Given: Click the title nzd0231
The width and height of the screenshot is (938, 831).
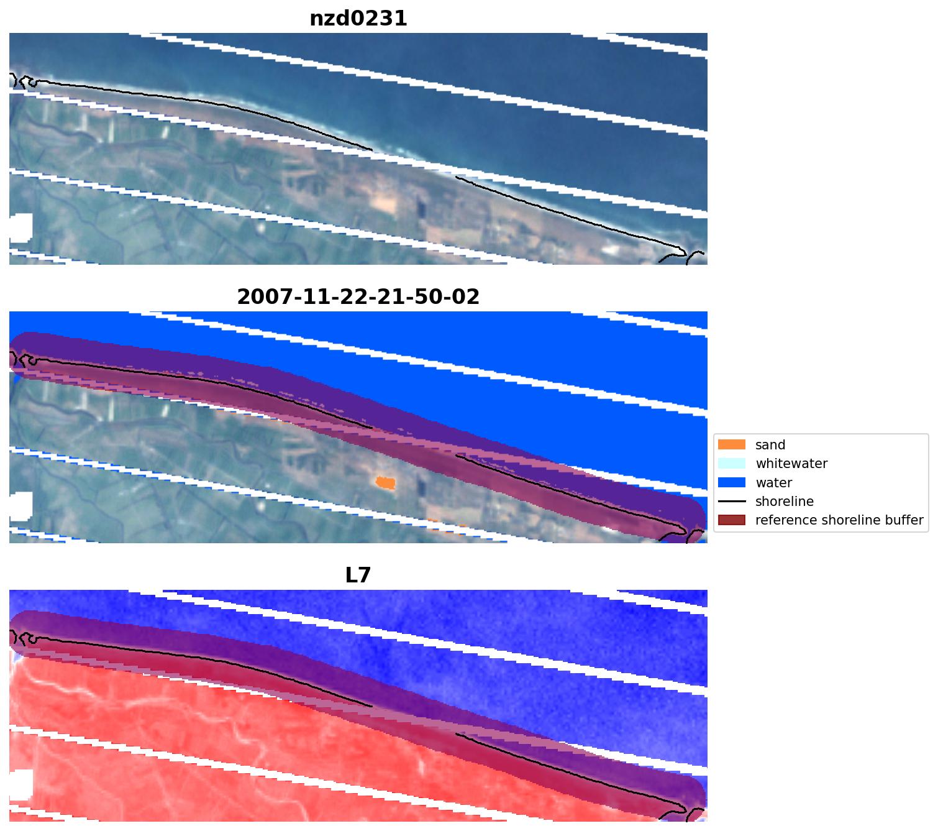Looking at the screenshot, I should (358, 19).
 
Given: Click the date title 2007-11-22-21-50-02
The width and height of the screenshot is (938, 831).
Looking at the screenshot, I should (358, 297).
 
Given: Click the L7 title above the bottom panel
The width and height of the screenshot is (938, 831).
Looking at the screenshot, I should (358, 576).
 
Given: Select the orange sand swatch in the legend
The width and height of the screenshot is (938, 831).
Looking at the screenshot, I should (731, 445).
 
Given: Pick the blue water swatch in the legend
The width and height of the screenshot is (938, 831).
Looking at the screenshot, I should (731, 482).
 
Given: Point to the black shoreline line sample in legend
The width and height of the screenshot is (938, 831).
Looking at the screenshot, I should (731, 502).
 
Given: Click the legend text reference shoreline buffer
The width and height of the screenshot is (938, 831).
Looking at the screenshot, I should (839, 520).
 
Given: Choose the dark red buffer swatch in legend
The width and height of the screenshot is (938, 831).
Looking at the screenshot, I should (731, 520).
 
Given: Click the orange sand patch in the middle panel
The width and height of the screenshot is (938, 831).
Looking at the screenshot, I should (386, 482).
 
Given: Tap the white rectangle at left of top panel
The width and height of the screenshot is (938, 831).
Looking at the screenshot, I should (20, 227).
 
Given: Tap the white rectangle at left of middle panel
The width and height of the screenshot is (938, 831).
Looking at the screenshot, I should (20, 506).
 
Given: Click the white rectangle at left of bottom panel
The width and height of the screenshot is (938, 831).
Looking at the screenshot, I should (20, 784).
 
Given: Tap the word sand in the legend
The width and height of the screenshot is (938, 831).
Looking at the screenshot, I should (770, 445).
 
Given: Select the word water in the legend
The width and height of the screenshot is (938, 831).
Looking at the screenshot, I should (774, 482).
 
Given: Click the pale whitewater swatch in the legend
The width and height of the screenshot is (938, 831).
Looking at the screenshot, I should (731, 464).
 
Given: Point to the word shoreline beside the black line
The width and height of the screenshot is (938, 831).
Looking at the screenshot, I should (785, 502).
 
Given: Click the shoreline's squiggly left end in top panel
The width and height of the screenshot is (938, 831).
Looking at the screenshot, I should (22, 81).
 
